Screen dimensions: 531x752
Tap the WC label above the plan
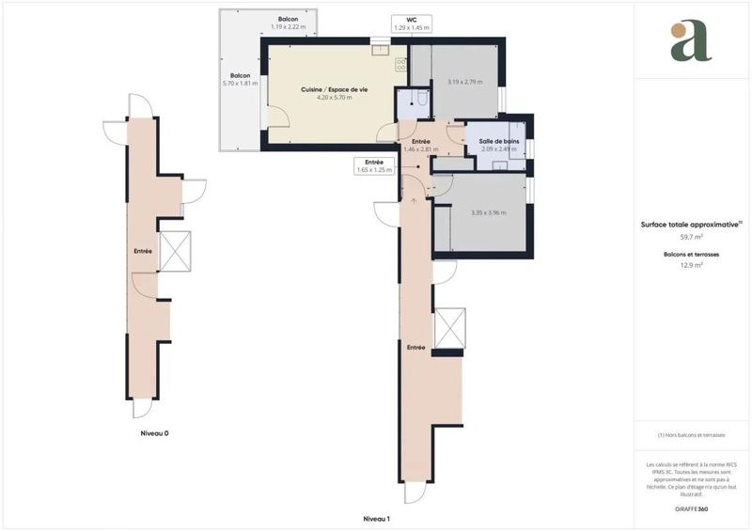coord(412,19)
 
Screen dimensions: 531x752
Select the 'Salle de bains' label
coord(499,141)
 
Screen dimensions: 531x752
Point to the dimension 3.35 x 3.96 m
coord(489,212)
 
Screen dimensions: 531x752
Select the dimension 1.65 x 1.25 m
coord(374,170)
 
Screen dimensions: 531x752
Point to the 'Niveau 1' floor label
coord(376,519)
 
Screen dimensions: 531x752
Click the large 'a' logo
coord(691,40)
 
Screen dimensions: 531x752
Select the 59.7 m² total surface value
coord(691,237)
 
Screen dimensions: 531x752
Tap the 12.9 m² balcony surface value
coord(691,265)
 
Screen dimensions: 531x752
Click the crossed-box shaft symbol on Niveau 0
coord(176,251)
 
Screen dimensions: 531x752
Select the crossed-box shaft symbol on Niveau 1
coord(448,329)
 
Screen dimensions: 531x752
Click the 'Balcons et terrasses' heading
coord(691,254)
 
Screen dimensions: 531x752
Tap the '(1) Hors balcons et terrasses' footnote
coord(691,435)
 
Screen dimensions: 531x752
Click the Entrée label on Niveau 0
coord(144,251)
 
